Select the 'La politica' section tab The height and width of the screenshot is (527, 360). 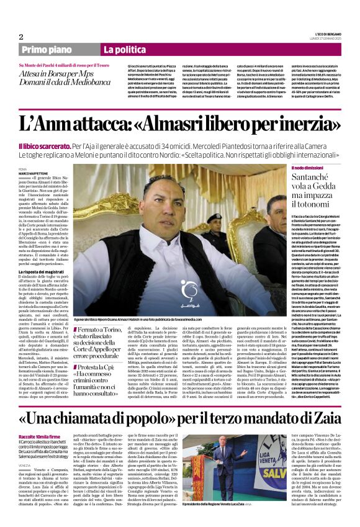point(121,50)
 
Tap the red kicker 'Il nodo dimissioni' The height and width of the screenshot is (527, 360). point(308,168)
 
